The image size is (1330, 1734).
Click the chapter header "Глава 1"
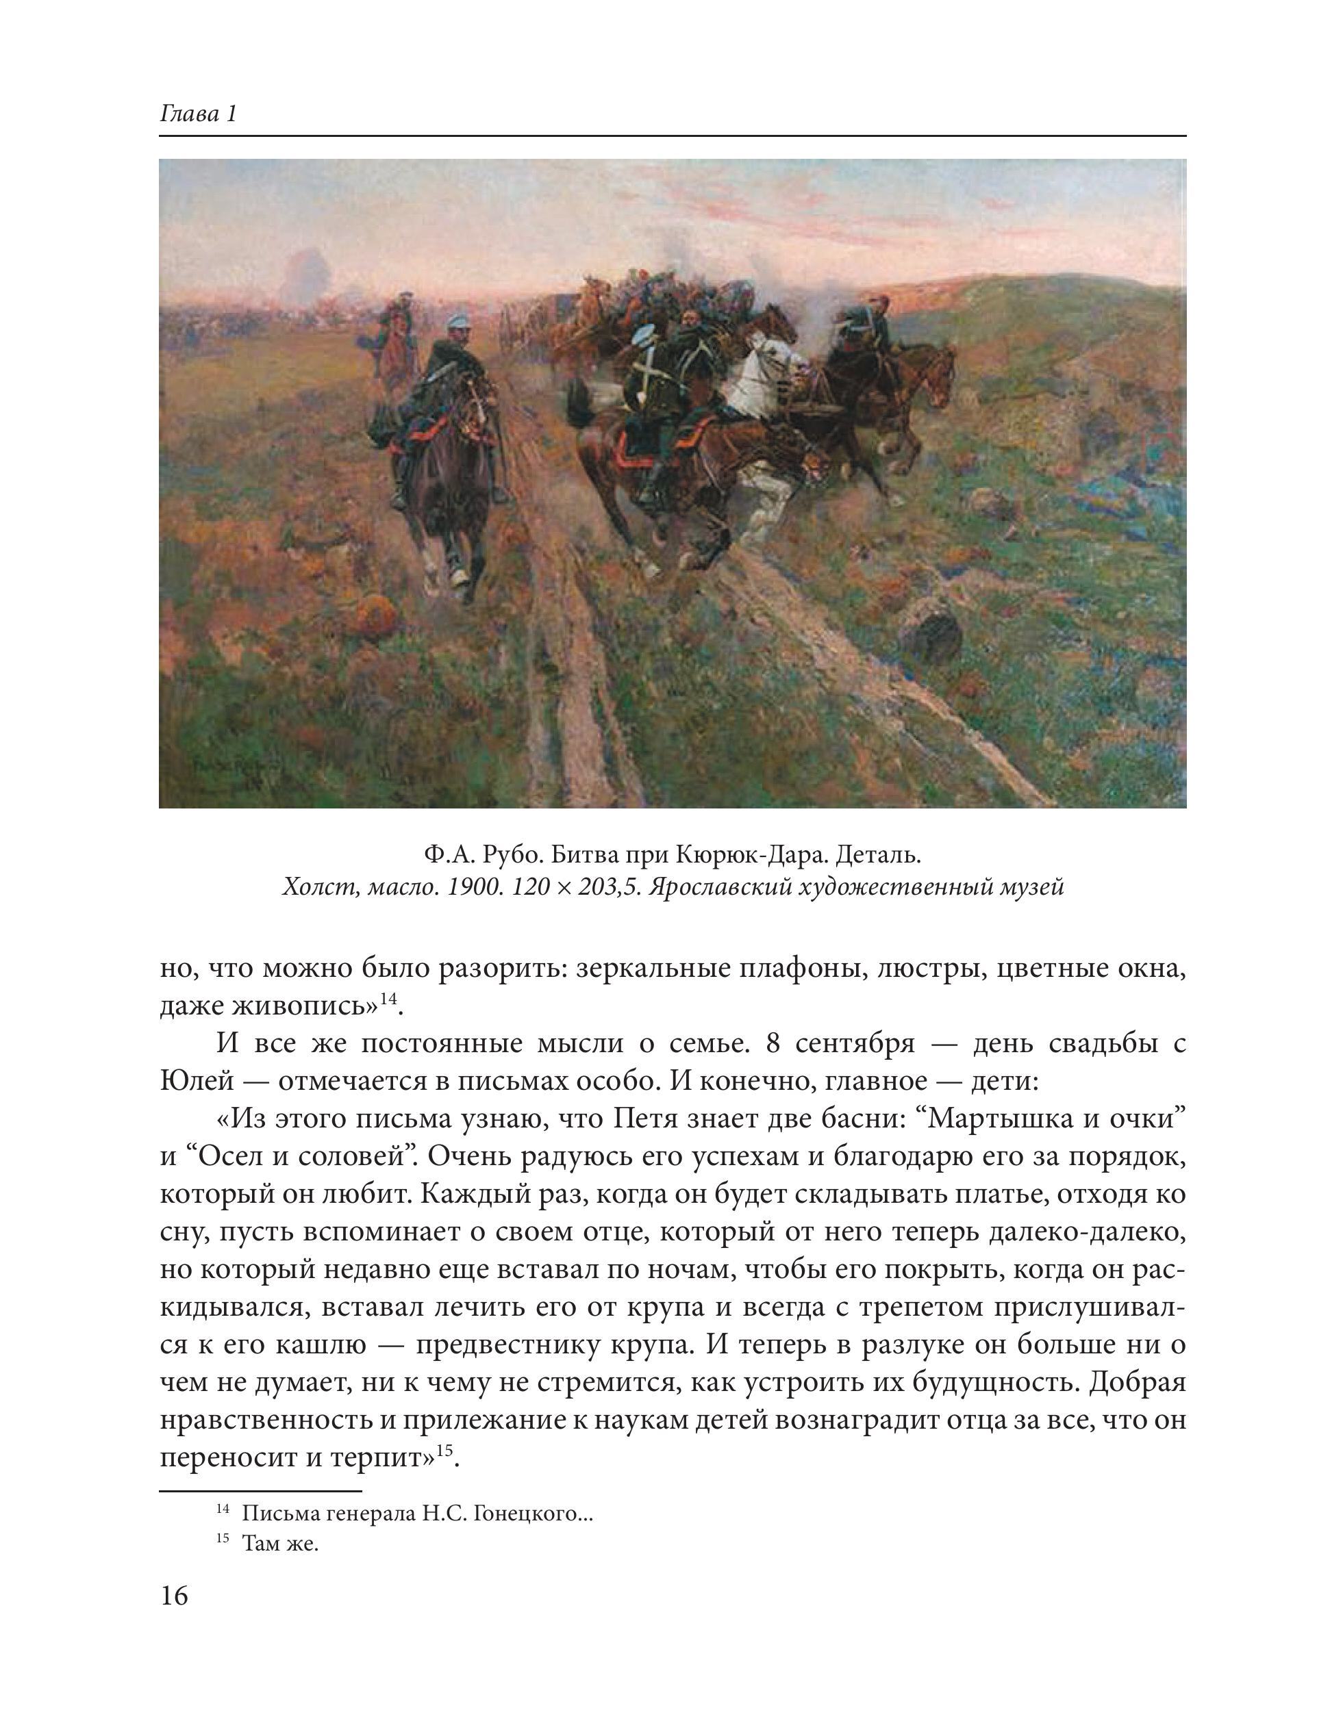click(198, 114)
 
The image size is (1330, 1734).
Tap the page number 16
click(174, 1596)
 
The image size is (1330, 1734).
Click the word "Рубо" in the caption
click(507, 855)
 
